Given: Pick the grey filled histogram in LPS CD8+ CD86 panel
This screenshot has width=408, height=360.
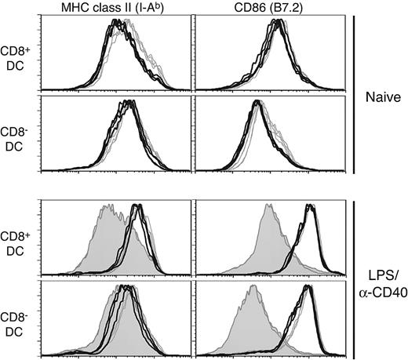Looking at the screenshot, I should [265, 251].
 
